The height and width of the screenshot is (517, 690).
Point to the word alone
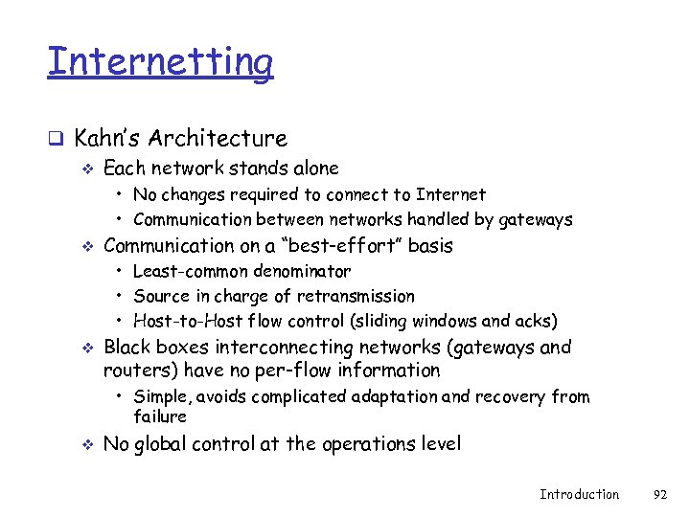click(x=311, y=169)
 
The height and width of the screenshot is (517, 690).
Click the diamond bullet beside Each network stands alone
click(x=88, y=169)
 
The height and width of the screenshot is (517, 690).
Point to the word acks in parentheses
click(x=535, y=321)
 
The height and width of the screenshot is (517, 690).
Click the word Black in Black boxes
click(x=128, y=347)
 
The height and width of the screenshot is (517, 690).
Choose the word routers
click(x=133, y=371)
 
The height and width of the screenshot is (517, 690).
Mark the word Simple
click(x=158, y=396)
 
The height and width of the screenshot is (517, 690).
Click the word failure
click(x=160, y=416)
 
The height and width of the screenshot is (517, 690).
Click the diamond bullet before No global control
click(x=88, y=444)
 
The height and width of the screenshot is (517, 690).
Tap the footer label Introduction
click(x=579, y=494)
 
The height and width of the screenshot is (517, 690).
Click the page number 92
click(x=659, y=494)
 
